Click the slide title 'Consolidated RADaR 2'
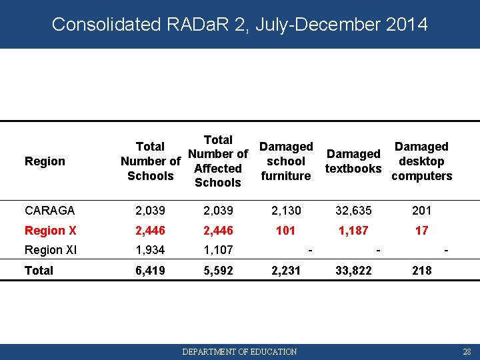(x=239, y=25)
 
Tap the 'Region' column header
(x=45, y=161)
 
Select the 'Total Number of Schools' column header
(x=150, y=161)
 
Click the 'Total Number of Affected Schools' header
(x=218, y=161)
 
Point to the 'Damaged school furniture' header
(x=286, y=161)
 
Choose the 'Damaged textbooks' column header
(x=353, y=161)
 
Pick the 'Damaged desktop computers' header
(x=421, y=161)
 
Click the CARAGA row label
(x=50, y=211)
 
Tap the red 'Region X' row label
(x=51, y=231)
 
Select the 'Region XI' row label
(x=52, y=251)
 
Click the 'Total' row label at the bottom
(x=39, y=271)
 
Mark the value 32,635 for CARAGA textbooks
(x=353, y=211)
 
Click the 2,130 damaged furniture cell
(x=286, y=211)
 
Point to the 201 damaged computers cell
(x=421, y=211)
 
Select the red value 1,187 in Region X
(x=353, y=231)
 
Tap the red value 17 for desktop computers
(x=421, y=231)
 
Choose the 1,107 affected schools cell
(x=218, y=251)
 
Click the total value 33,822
(x=353, y=271)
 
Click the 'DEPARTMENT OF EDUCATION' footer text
(x=240, y=351)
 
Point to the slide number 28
(x=467, y=351)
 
